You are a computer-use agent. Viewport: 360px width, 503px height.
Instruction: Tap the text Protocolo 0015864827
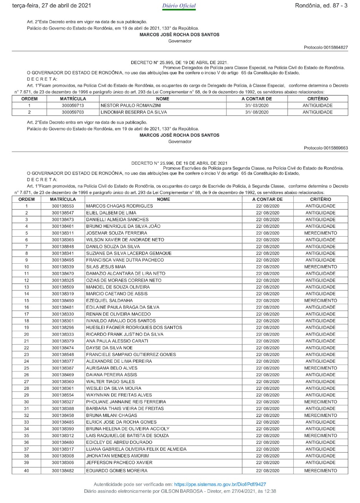(326, 47)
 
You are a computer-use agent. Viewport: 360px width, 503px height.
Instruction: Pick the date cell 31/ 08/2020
(257, 112)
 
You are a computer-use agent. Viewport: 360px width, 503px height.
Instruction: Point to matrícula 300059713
(73, 105)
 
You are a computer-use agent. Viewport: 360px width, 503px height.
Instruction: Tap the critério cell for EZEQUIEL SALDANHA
(320, 301)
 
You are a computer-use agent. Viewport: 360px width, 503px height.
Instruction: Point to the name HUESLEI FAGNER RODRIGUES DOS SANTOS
(134, 327)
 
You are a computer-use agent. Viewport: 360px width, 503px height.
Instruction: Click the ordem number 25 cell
(27, 368)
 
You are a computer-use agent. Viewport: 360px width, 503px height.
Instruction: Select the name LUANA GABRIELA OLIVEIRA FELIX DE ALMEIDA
(136, 449)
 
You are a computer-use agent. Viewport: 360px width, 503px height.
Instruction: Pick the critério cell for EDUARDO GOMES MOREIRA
(320, 470)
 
